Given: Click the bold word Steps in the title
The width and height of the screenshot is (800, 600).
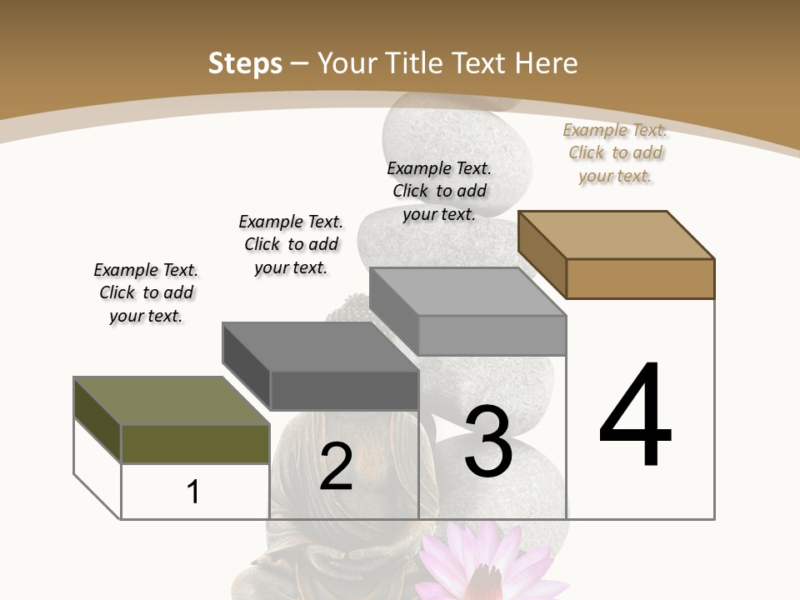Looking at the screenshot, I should point(245,63).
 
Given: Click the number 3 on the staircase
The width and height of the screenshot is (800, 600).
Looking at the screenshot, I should point(488,442).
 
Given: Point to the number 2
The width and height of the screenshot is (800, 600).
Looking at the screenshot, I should point(336,467).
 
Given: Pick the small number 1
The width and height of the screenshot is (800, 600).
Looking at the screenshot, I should point(193,492).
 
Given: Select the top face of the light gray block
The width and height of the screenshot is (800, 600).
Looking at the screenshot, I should point(467,292).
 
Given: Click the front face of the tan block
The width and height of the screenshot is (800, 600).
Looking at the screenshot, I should point(640,278).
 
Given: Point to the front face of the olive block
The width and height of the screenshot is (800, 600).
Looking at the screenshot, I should point(195,443).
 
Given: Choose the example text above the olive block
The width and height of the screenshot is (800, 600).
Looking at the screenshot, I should point(146,293).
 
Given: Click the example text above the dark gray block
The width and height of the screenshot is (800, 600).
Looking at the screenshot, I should point(291,244).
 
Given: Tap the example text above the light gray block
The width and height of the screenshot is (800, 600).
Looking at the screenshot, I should point(439,191).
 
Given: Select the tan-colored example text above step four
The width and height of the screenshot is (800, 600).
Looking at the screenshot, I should point(615,152).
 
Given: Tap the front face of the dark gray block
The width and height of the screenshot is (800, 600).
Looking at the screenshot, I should point(344,390).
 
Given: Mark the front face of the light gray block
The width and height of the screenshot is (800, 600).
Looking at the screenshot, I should point(492,335).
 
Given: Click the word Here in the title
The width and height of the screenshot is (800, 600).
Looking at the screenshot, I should point(547,63).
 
